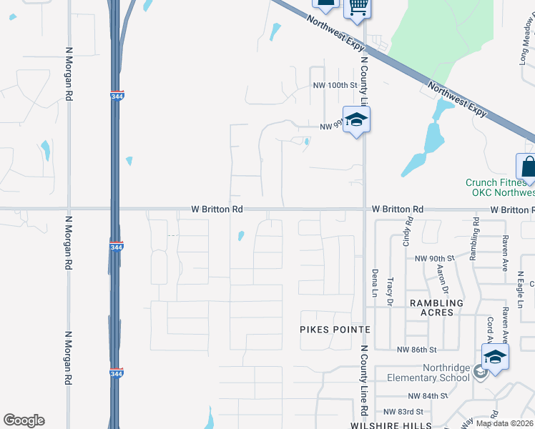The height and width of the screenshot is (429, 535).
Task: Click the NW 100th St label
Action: click(335, 85)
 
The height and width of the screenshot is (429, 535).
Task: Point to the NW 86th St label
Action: click(416, 350)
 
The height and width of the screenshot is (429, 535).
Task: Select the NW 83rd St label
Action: click(403, 412)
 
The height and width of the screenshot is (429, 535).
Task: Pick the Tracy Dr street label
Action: click(391, 292)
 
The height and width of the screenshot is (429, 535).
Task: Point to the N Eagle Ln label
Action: click(521, 290)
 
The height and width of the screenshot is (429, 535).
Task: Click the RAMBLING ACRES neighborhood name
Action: click(436, 307)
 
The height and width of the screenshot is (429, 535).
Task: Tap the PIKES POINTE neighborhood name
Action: click(335, 330)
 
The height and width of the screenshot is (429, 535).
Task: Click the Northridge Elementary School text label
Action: click(428, 373)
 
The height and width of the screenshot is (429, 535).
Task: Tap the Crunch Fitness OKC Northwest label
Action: click(499, 187)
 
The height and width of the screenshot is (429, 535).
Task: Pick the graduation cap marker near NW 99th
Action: click(355, 119)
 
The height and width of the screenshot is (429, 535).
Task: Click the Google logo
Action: click(24, 420)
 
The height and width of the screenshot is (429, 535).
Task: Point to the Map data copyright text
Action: click(504, 423)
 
